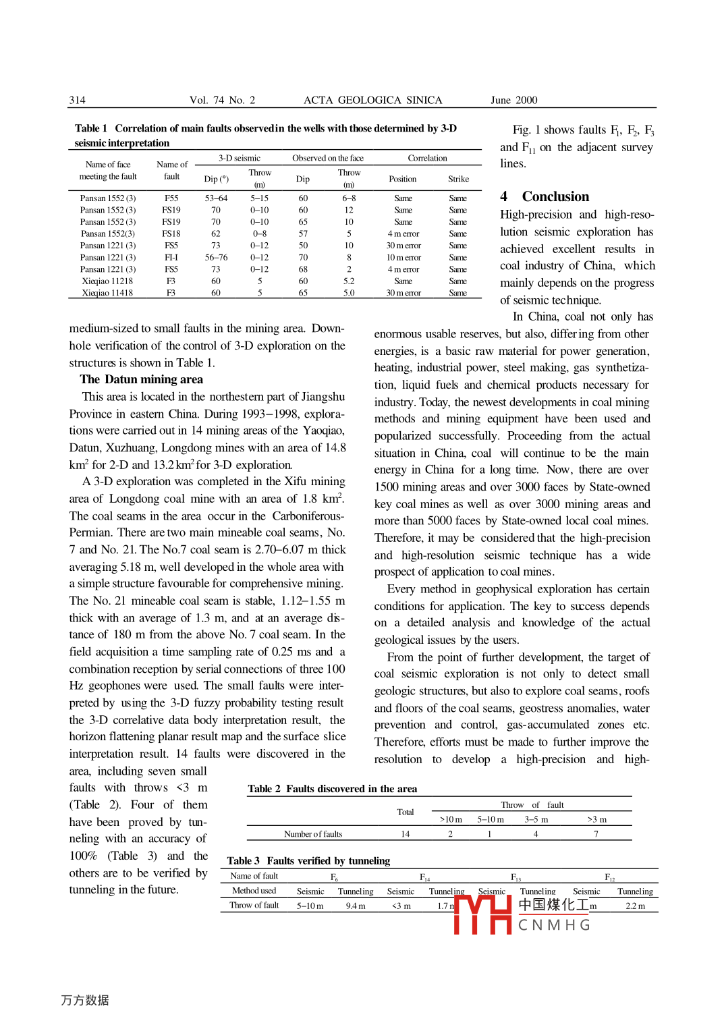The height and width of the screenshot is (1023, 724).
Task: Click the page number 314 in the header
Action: [x=77, y=100]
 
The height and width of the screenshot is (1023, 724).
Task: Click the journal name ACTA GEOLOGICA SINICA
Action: [x=372, y=100]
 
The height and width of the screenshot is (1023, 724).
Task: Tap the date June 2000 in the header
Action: [x=513, y=100]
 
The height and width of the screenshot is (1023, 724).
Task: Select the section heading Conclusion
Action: [x=555, y=196]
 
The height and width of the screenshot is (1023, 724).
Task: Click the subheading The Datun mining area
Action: [x=141, y=379]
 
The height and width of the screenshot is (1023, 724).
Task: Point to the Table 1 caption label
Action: [x=90, y=128]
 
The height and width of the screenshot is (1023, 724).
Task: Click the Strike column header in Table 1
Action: [x=458, y=179]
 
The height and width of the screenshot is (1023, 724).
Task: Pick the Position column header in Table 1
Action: [x=402, y=179]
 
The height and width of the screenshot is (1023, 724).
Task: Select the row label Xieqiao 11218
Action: [x=107, y=281]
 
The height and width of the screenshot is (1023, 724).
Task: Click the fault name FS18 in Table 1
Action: [x=171, y=233]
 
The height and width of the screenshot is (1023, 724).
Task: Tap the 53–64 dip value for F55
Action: [x=216, y=198]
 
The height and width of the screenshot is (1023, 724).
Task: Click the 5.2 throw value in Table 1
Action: [x=349, y=281]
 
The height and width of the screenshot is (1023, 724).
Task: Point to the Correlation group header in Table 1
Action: [x=427, y=158]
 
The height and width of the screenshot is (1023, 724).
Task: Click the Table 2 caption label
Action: [x=264, y=788]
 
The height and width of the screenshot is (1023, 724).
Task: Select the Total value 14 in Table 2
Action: [x=405, y=834]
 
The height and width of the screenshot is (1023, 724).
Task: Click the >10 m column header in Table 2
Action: [x=451, y=819]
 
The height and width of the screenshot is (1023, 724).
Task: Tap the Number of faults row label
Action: [x=313, y=834]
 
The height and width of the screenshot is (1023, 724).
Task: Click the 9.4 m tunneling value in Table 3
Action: [x=356, y=906]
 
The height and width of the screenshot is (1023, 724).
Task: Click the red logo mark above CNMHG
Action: [x=482, y=914]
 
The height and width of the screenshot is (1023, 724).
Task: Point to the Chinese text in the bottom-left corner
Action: [x=85, y=1000]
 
